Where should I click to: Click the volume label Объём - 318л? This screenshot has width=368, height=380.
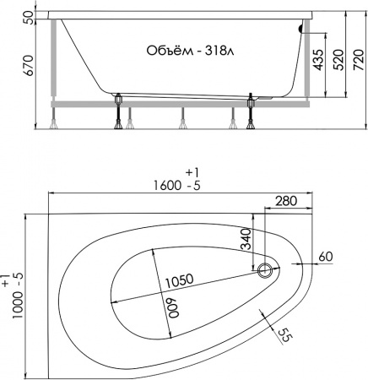click(190, 51)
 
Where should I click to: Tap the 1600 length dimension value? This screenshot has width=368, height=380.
click(167, 186)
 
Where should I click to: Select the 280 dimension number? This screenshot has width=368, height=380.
click(286, 201)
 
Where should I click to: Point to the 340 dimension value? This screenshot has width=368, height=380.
click(246, 239)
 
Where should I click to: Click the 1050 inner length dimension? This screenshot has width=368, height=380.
click(179, 280)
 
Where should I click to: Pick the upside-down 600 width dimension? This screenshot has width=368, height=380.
click(174, 308)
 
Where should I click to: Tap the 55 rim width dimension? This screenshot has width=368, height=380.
click(284, 334)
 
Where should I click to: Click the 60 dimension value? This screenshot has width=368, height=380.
click(326, 257)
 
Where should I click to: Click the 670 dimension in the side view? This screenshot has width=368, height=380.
click(29, 66)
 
